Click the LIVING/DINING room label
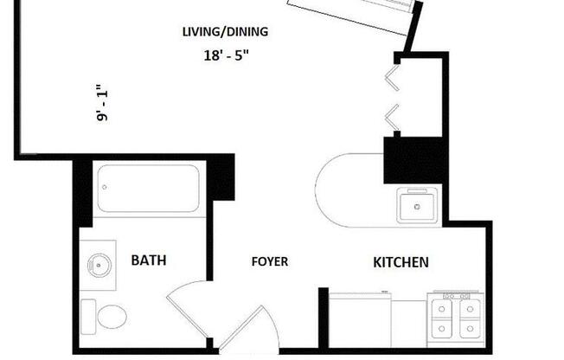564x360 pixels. pos(225,32)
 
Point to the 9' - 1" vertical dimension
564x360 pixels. pos(103,103)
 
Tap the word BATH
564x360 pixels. pos(149,260)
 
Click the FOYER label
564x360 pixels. pos(270,261)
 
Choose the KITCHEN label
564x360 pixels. pos(401,261)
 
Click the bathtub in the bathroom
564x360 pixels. pos(148,188)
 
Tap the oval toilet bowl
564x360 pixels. pos(112,316)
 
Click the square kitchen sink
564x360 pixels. pos(419,207)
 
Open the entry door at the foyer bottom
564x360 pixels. pos(251,333)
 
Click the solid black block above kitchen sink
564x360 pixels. pos(413,160)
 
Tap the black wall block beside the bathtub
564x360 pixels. pos(221,177)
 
